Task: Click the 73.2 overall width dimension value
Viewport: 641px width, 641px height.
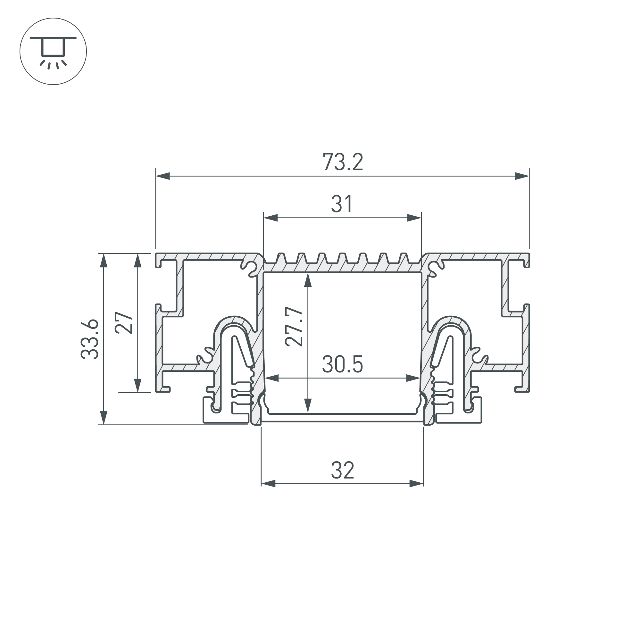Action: [x=343, y=162]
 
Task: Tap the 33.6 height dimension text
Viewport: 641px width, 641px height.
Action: [x=90, y=339]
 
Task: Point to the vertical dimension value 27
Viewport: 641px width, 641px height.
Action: [x=124, y=322]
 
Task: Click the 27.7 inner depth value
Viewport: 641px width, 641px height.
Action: [x=294, y=327]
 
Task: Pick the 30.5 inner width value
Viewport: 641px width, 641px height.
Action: [x=342, y=364]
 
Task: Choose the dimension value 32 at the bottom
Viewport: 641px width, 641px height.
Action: [x=342, y=470]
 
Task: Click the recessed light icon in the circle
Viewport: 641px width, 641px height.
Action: [x=53, y=51]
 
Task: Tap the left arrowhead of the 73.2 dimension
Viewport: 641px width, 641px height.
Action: [x=162, y=176]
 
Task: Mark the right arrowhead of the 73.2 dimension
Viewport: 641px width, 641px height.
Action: [x=522, y=176]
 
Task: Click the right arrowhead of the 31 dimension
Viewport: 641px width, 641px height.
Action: [x=414, y=218]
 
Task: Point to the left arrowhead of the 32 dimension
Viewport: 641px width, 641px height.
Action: [x=268, y=483]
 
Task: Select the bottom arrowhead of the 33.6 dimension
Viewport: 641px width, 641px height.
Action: [x=104, y=418]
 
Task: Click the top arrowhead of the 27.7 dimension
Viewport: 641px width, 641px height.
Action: [x=308, y=280]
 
